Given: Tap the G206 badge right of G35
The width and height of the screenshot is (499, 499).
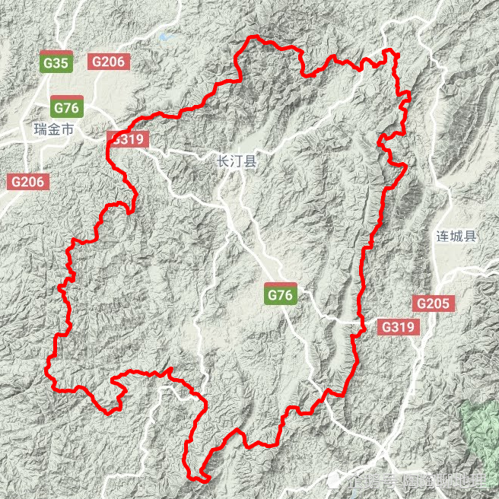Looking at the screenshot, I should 110,62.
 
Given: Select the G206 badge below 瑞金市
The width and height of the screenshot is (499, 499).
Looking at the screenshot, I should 29,182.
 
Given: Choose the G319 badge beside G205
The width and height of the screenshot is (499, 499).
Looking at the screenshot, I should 397,327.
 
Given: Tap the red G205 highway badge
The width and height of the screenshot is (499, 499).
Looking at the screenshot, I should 434,304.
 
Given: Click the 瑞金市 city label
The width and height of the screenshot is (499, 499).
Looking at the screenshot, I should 54,130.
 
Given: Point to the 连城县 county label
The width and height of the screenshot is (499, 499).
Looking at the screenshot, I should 456,236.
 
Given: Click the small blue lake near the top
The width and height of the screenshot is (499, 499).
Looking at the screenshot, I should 167,36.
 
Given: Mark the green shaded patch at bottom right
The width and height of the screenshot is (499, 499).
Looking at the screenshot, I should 482,427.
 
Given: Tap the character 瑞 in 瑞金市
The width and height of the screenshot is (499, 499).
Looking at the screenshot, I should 41,130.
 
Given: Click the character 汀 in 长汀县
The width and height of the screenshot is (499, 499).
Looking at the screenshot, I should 237,161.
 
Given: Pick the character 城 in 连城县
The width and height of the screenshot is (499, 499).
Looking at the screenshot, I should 456,236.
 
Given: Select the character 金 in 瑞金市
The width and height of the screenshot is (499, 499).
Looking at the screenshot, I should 54,130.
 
